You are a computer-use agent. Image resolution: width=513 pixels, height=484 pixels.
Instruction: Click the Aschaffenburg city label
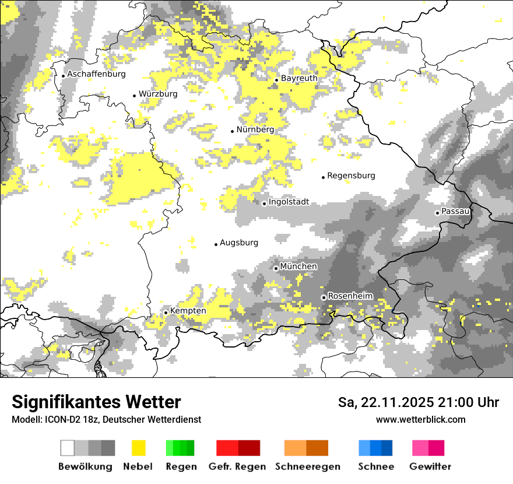pyautogui.click(x=96, y=74)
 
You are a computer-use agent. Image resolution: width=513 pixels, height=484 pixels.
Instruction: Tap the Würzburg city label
pyautogui.click(x=158, y=94)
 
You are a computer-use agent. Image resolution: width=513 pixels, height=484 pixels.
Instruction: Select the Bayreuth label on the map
pyautogui.click(x=299, y=78)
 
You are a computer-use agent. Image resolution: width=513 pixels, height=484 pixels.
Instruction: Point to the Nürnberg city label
pyautogui.click(x=255, y=129)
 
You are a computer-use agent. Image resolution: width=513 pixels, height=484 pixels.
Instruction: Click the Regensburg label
pyautogui.click(x=351, y=176)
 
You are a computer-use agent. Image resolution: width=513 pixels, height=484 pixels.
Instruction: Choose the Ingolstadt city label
pyautogui.click(x=289, y=202)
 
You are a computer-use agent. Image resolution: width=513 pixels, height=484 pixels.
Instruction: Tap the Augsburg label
pyautogui.click(x=239, y=243)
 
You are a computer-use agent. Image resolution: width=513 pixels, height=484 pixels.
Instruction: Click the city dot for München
pyautogui.click(x=276, y=268)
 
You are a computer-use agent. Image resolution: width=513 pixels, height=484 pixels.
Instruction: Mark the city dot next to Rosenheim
pyautogui.click(x=324, y=297)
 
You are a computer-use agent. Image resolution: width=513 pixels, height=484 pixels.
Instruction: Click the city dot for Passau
pyautogui.click(x=437, y=213)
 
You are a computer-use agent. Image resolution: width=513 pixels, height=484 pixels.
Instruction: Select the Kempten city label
pyautogui.click(x=188, y=311)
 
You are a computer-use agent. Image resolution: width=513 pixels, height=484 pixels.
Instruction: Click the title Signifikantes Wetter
pyautogui.click(x=96, y=402)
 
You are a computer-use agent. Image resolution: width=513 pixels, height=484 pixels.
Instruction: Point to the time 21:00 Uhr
pyautogui.click(x=465, y=402)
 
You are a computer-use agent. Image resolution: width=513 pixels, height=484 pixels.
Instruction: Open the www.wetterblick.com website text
pyautogui.click(x=420, y=419)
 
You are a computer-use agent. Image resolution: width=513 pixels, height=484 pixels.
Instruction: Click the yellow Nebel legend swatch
pyautogui.click(x=139, y=448)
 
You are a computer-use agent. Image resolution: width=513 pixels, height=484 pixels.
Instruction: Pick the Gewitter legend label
pyautogui.click(x=430, y=467)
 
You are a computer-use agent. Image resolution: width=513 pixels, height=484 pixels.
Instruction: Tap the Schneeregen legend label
pyautogui.click(x=308, y=467)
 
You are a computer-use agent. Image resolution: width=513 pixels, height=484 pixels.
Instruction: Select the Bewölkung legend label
pyautogui.click(x=85, y=467)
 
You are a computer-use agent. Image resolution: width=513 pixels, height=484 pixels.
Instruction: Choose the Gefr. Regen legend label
pyautogui.click(x=237, y=467)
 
